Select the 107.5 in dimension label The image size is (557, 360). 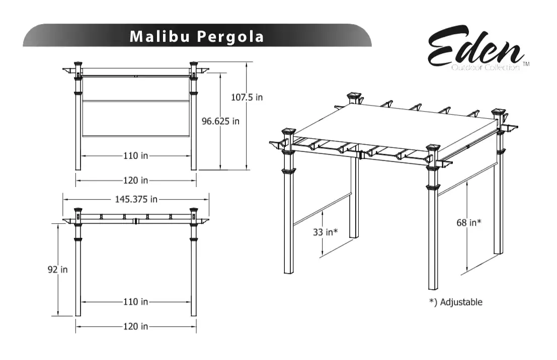point(247,97)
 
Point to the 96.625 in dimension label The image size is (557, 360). point(220,121)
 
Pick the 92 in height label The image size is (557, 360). point(58,269)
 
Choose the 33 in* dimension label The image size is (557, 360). point(325,232)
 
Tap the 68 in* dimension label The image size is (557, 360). point(469,223)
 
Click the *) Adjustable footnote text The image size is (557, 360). point(455,302)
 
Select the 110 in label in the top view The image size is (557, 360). point(136,156)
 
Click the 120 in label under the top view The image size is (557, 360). point(136,180)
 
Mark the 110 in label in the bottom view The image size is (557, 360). point(136,302)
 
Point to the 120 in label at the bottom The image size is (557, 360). point(136,326)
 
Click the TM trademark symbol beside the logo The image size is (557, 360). point(526,64)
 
